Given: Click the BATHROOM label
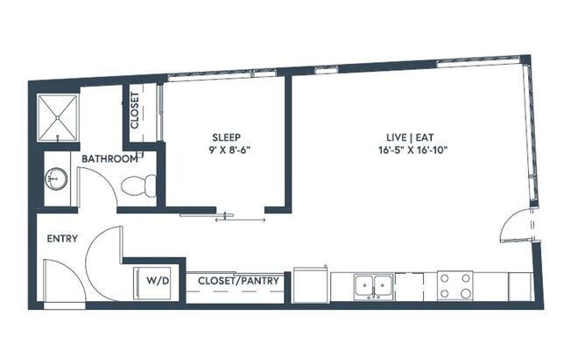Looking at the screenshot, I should (x=109, y=159).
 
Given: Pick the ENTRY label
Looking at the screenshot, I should (x=62, y=238).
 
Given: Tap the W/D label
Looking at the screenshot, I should (x=157, y=281).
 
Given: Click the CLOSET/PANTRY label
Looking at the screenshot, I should (x=239, y=281).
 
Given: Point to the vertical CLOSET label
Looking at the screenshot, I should (x=135, y=111).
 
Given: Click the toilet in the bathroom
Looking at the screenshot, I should (x=138, y=185).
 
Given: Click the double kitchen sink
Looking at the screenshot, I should (x=373, y=284).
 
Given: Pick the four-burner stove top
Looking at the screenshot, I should (x=455, y=284).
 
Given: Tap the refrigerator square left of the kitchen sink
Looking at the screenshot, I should (x=310, y=283).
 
